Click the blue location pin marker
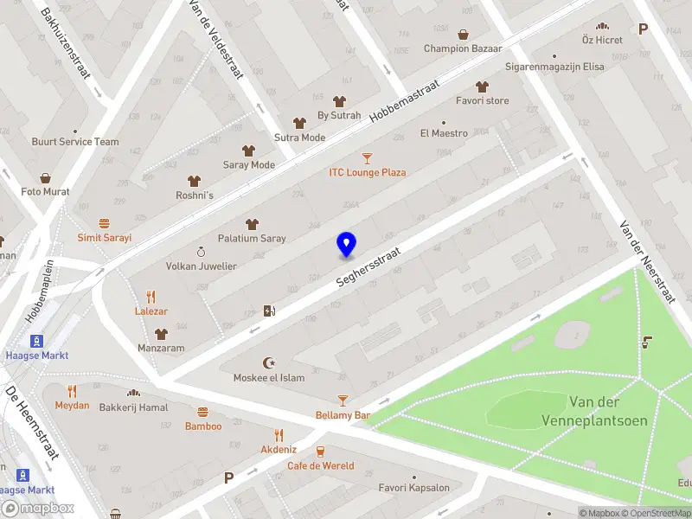pos(346,244)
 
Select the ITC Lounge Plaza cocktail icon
pos(368,158)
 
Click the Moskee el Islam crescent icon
pos(267,363)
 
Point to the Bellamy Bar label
pos(343,415)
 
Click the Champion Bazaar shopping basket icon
pos(464,35)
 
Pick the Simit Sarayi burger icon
pos(104,223)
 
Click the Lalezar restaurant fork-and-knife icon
pos(151,296)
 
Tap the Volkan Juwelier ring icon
pos(201,252)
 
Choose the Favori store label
pos(483,100)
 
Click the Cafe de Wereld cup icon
pos(321,451)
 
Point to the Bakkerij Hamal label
pos(133,407)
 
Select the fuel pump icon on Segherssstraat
pos(270,311)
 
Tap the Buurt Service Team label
pos(75,142)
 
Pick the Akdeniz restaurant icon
pos(279,435)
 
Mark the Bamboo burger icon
pos(203,412)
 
